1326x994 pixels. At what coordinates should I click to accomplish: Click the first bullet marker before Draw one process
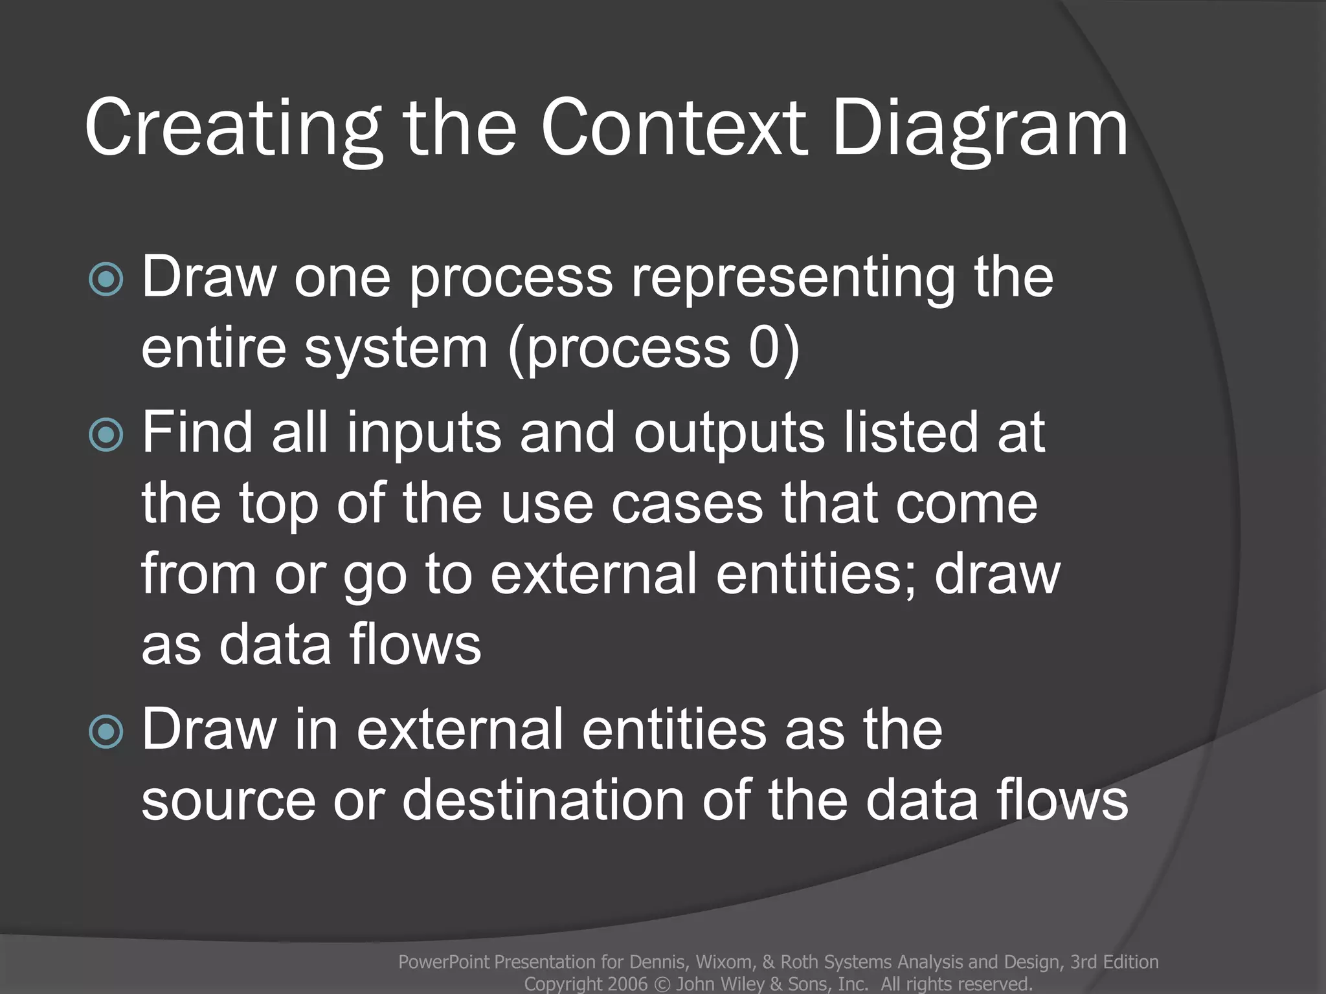coord(106,279)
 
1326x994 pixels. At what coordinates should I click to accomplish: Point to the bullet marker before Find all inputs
coord(106,434)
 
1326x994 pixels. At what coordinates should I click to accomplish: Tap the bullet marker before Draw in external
coord(106,732)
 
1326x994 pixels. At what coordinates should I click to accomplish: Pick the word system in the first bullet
coord(396,349)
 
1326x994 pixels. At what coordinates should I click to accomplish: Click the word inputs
coord(423,434)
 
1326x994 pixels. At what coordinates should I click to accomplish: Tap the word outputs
coord(729,434)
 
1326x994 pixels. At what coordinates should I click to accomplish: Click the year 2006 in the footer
coord(627,984)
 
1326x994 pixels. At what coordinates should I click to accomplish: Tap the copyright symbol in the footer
coord(662,984)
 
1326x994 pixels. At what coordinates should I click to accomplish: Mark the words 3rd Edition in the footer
coord(1114,962)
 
